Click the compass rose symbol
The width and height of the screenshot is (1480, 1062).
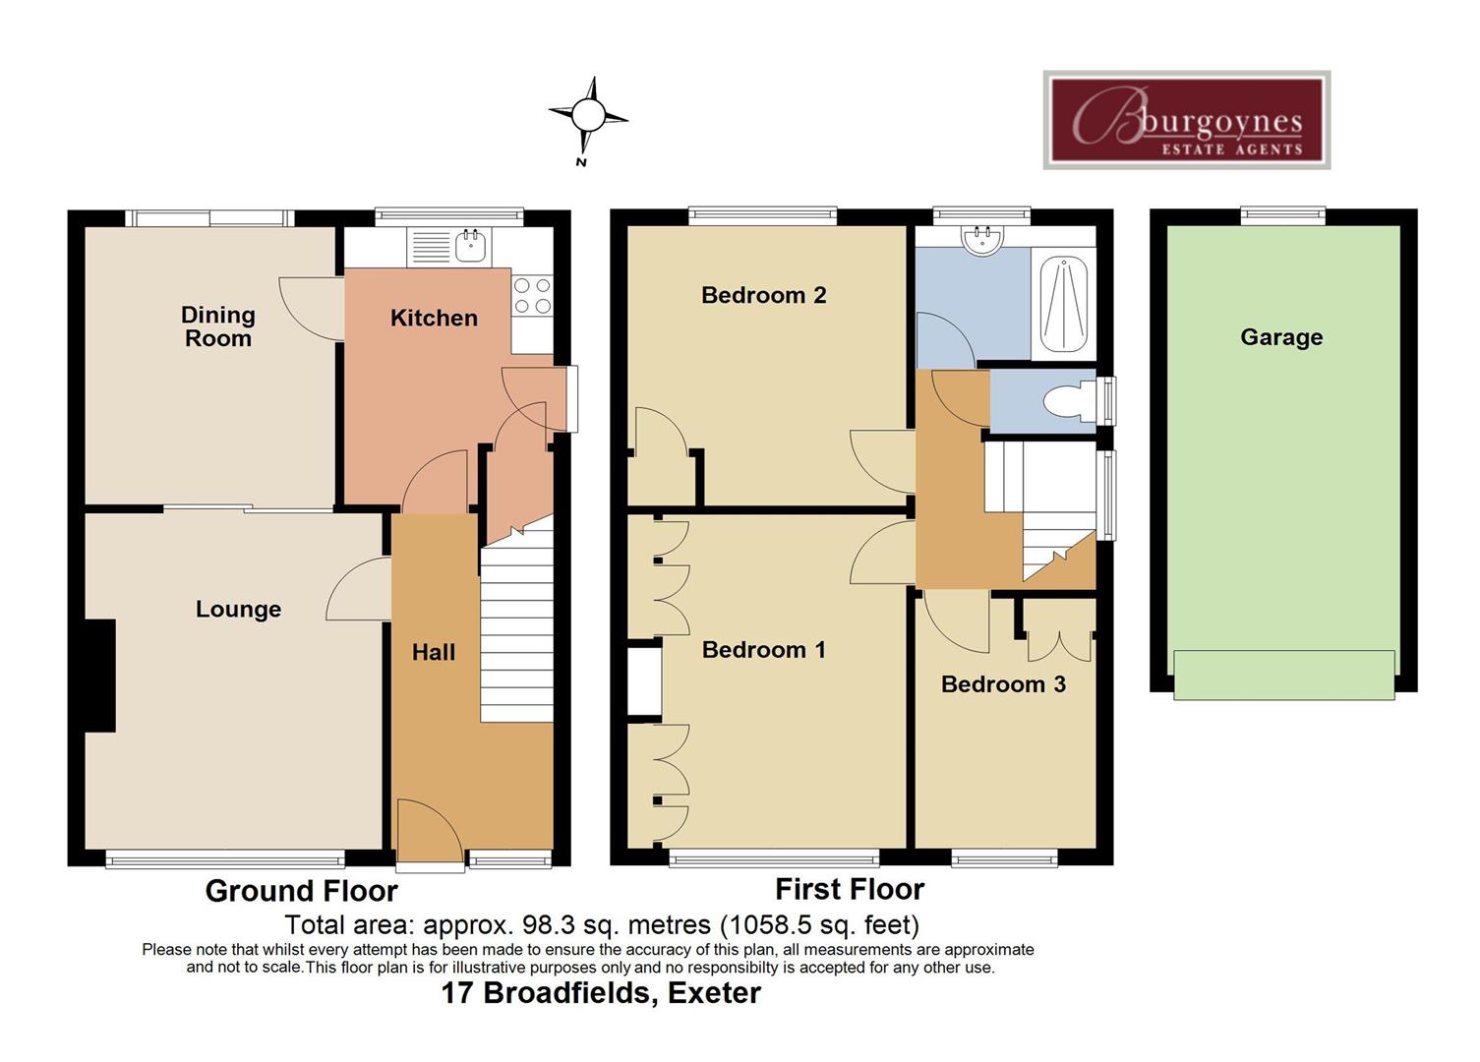(x=588, y=117)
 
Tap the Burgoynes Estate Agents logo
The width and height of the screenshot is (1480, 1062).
(x=1186, y=120)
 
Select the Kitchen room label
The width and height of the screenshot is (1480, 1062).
(x=434, y=318)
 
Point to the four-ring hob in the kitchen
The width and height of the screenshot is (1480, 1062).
(x=532, y=296)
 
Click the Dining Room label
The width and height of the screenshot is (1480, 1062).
(x=217, y=326)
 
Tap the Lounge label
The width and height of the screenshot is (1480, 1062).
(x=238, y=610)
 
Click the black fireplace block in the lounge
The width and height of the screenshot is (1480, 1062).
(x=100, y=676)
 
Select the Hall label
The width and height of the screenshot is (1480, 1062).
(x=433, y=652)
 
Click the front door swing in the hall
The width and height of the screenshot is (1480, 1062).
(x=429, y=828)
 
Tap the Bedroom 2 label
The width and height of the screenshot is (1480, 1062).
(x=763, y=295)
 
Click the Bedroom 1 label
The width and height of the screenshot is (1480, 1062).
(x=763, y=650)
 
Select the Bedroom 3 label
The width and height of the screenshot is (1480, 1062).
(x=1002, y=684)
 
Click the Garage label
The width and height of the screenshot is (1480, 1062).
(x=1280, y=337)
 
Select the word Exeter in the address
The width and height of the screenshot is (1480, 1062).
(x=714, y=993)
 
